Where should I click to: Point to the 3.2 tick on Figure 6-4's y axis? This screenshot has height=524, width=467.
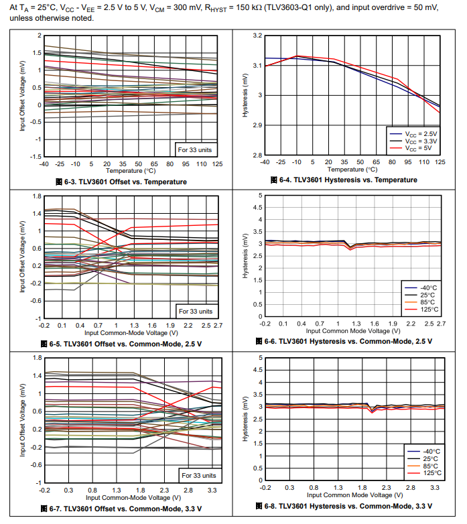pyautogui.click(x=256, y=35)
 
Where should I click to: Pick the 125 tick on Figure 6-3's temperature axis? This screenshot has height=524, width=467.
pyautogui.click(x=217, y=163)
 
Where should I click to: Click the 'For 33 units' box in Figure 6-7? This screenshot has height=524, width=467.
pyautogui.click(x=198, y=475)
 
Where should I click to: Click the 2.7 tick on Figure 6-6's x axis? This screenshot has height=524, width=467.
pyautogui.click(x=441, y=324)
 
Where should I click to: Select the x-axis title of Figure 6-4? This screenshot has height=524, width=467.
pyautogui.click(x=352, y=170)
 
